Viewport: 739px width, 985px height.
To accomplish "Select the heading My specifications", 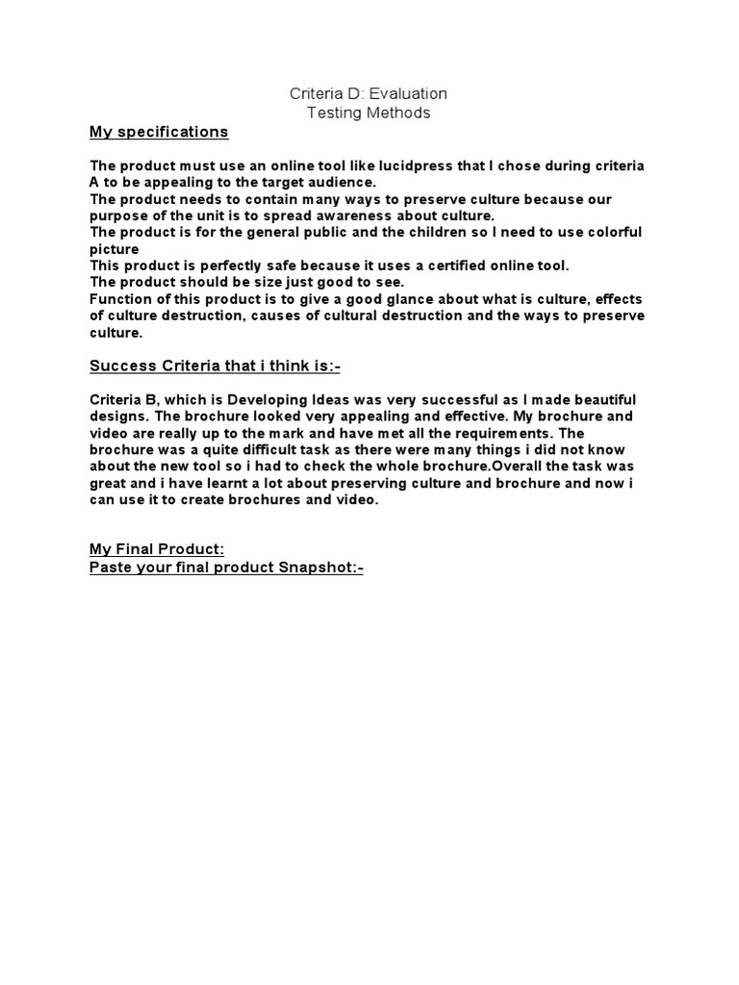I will (159, 132).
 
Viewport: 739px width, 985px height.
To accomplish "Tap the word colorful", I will (607, 232).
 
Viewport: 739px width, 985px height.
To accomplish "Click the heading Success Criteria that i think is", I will (216, 366).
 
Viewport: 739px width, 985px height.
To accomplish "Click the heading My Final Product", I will (157, 549).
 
